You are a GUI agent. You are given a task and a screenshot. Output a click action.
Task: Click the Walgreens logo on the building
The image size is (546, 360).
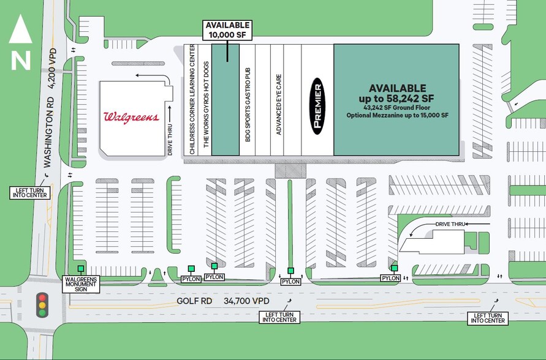[x=131, y=116]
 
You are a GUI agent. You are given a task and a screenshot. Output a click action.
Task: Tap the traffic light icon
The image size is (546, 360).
[x=42, y=304]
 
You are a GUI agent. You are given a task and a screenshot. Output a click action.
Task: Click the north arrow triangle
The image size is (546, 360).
[x=20, y=29]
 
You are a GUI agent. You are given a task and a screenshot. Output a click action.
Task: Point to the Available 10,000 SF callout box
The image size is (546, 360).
[x=227, y=30]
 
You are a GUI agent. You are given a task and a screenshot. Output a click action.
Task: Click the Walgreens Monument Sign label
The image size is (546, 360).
[x=82, y=284]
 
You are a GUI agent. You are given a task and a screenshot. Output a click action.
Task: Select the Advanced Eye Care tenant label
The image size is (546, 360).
[x=278, y=105]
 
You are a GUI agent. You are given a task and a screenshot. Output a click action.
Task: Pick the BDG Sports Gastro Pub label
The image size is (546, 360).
[x=248, y=105]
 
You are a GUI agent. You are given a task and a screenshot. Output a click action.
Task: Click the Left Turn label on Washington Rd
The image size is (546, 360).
[x=29, y=192]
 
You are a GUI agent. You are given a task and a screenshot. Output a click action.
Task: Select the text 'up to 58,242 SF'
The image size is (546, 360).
[x=396, y=98]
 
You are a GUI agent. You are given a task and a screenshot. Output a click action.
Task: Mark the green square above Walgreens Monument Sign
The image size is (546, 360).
[x=80, y=269]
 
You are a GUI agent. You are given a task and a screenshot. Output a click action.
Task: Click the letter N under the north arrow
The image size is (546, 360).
[x=20, y=60]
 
